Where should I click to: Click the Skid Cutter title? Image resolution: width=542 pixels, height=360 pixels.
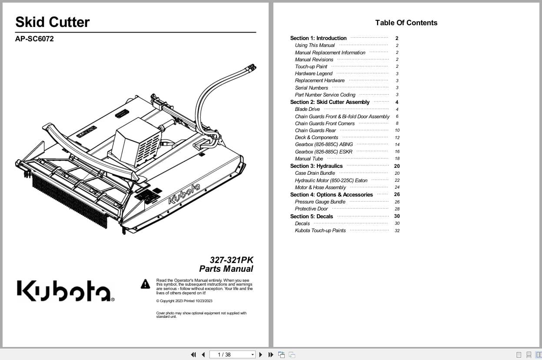[53, 22]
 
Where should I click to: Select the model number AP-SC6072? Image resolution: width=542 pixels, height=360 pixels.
[35, 39]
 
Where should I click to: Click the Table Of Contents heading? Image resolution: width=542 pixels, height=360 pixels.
[406, 23]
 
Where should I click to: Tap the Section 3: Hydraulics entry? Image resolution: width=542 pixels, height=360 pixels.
[316, 166]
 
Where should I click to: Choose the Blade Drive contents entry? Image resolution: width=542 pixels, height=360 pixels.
[307, 110]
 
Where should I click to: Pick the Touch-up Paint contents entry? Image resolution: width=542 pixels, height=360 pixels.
[311, 67]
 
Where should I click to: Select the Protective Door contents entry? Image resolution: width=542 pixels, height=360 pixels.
[312, 209]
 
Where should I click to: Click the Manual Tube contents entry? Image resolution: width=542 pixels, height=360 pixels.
[309, 159]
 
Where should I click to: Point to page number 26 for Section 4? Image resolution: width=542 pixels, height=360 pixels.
[397, 194]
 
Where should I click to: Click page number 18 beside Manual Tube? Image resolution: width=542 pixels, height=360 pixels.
[397, 159]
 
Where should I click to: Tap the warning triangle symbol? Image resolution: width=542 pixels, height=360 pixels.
[145, 284]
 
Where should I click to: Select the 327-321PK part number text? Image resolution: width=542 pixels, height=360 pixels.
[231, 260]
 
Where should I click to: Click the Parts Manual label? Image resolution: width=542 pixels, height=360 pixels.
[226, 269]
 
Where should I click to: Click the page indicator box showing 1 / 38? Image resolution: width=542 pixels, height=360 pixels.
[232, 355]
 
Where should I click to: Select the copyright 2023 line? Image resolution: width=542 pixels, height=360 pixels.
[184, 301]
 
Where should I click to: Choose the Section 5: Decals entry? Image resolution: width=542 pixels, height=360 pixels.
[312, 216]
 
